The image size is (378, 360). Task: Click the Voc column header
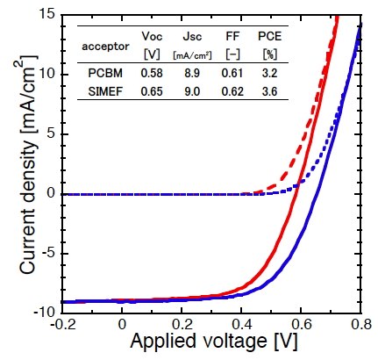(x=152, y=36)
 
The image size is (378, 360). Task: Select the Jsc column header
(x=192, y=37)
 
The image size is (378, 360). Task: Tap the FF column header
(x=232, y=36)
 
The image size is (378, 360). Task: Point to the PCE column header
(x=269, y=36)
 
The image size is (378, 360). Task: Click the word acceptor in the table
(x=105, y=47)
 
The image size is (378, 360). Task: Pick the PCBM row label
(x=105, y=73)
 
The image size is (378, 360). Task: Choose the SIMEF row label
(x=105, y=92)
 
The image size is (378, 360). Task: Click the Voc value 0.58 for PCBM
(x=152, y=73)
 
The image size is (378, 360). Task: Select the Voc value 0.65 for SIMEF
(x=152, y=92)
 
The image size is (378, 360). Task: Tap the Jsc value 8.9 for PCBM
(x=192, y=73)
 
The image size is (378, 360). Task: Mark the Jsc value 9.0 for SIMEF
(x=192, y=92)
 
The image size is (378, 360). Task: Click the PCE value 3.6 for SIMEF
(x=269, y=92)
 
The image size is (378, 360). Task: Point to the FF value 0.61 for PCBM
(x=232, y=73)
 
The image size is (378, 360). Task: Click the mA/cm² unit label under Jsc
(x=192, y=55)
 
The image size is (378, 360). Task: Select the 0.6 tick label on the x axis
(x=301, y=325)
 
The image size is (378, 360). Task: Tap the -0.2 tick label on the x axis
(x=62, y=325)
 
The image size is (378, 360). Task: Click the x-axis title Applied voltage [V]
(x=214, y=342)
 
